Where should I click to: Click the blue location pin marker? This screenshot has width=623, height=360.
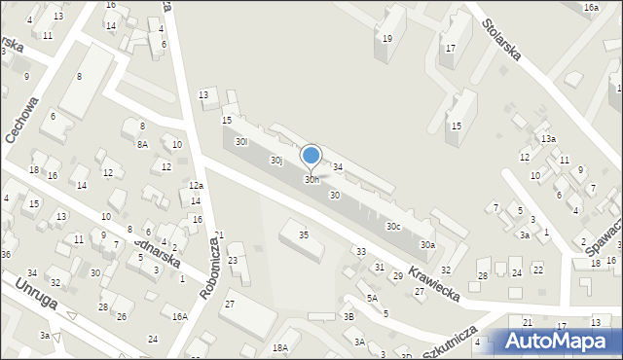coord(311,156)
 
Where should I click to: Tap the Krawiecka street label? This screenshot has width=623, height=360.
coord(434,275)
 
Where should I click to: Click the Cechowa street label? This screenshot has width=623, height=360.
coord(23,120)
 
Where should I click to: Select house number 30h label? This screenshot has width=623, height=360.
coord(311,180)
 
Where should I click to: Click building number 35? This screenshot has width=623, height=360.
coord(304,235)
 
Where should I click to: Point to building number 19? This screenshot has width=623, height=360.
coord(387,39)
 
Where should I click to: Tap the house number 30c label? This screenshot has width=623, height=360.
coord(393,227)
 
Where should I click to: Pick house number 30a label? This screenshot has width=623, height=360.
coord(427,245)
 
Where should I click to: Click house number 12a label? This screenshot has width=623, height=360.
coord(196,186)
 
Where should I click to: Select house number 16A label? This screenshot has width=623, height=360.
coord(180,316)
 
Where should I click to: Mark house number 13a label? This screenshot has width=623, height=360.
coord(549,139)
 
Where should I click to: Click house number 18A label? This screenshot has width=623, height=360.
coord(280,347)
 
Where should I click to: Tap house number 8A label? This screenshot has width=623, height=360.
coord(142,144)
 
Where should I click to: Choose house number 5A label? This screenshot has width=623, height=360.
coord(372,299)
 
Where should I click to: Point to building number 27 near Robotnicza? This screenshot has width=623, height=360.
coord(229,305)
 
